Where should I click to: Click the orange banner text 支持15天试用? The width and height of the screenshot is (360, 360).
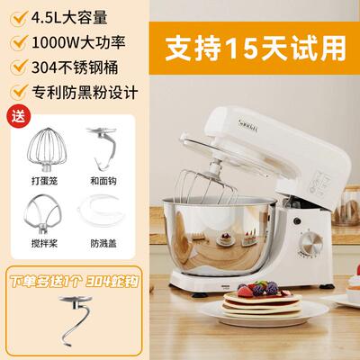[x=261, y=41]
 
